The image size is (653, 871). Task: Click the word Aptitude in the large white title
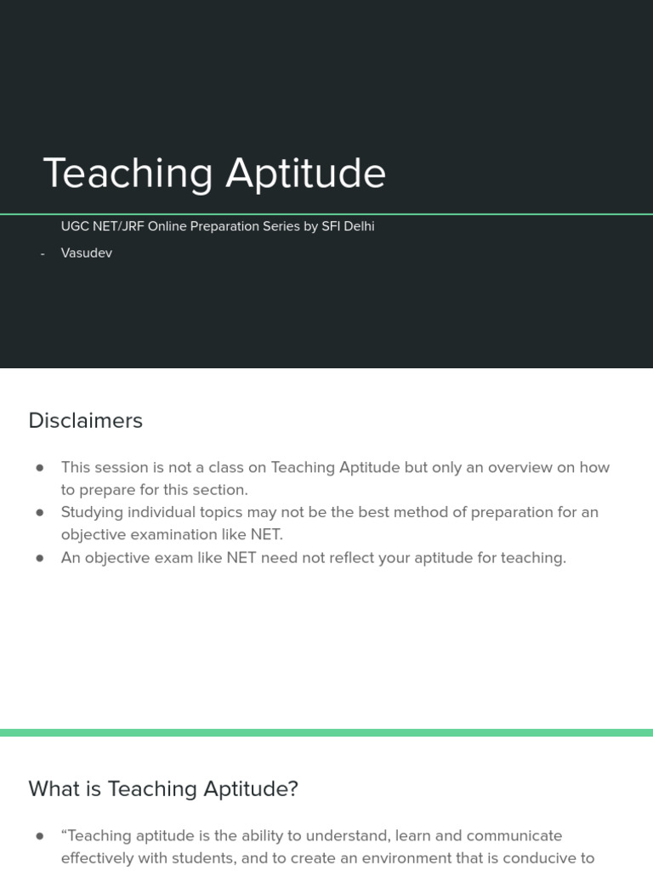305,174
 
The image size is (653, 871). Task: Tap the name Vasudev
87,253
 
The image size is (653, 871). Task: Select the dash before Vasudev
43,253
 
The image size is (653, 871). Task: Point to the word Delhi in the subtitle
358,226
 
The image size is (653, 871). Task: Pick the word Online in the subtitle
167,226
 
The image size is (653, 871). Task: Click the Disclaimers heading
85,420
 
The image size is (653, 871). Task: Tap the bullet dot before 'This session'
40,468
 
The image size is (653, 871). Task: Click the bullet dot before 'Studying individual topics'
40,513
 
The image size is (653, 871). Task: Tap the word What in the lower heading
55,788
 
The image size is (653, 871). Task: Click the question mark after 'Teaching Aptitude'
293,788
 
